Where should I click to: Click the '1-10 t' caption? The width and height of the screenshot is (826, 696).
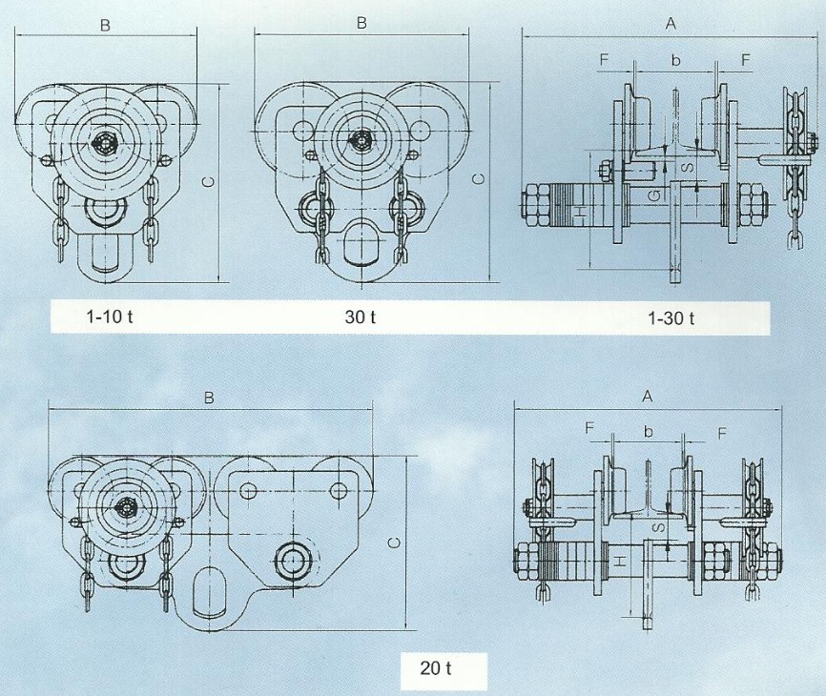(110, 317)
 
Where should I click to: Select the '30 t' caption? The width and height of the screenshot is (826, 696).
(361, 317)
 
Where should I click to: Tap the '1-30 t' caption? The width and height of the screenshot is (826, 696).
(671, 318)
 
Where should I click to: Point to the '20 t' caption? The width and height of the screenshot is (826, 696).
(436, 668)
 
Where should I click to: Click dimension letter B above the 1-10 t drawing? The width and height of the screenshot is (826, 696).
(105, 26)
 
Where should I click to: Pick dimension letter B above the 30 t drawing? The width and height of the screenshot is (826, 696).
(361, 23)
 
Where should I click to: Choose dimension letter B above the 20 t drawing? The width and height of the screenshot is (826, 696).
(209, 398)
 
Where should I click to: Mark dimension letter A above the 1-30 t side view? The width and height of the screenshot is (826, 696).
(671, 23)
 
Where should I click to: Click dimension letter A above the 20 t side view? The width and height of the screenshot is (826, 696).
(648, 396)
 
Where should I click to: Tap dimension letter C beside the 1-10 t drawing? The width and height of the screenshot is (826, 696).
(209, 182)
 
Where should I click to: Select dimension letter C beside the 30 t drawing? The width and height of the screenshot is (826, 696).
(479, 179)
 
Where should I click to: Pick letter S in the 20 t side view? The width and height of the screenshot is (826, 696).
(658, 527)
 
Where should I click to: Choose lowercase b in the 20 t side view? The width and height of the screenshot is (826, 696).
(649, 432)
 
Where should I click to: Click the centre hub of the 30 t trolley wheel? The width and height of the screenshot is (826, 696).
(361, 140)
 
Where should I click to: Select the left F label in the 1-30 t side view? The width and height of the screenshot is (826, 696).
(604, 59)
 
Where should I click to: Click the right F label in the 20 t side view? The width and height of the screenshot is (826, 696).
(722, 433)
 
